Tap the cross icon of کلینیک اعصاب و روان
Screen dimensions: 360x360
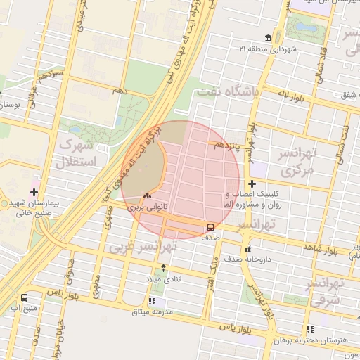coord(252,184)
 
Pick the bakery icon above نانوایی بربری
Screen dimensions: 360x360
coord(147,195)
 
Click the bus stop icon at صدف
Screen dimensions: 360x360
coord(210,226)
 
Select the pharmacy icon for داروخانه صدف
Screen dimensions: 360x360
coord(247,249)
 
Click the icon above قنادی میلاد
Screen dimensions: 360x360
coord(164,267)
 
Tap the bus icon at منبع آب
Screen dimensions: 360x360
coord(25,298)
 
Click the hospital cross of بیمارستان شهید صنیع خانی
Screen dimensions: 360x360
coord(34,191)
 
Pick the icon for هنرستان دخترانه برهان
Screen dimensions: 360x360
coord(310,329)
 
